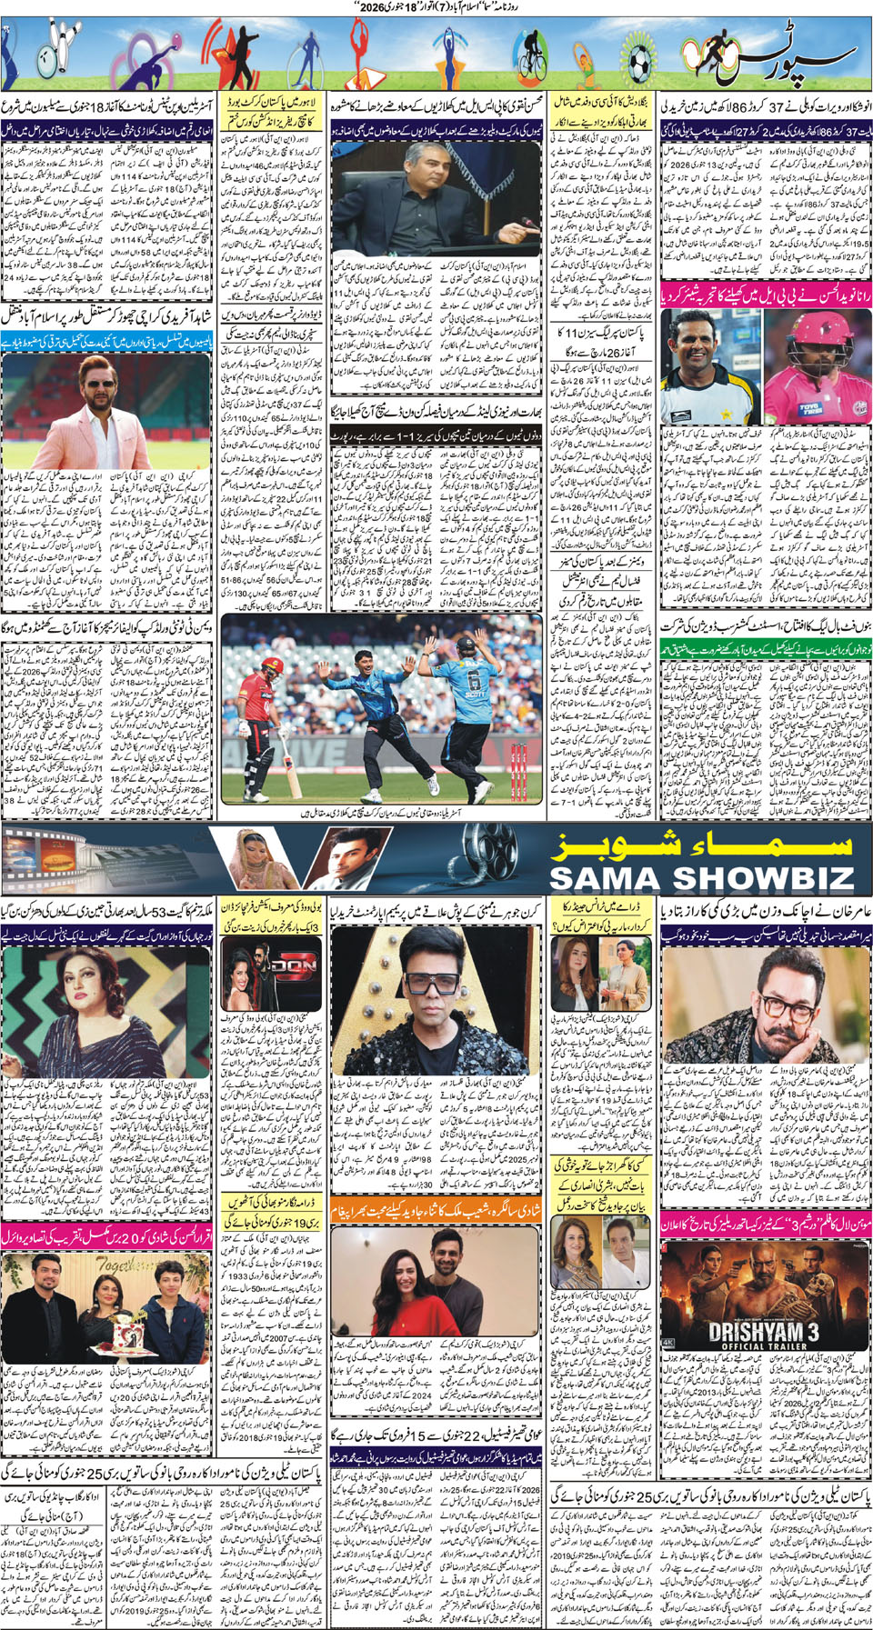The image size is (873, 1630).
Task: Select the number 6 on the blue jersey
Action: (x=472, y=682)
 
